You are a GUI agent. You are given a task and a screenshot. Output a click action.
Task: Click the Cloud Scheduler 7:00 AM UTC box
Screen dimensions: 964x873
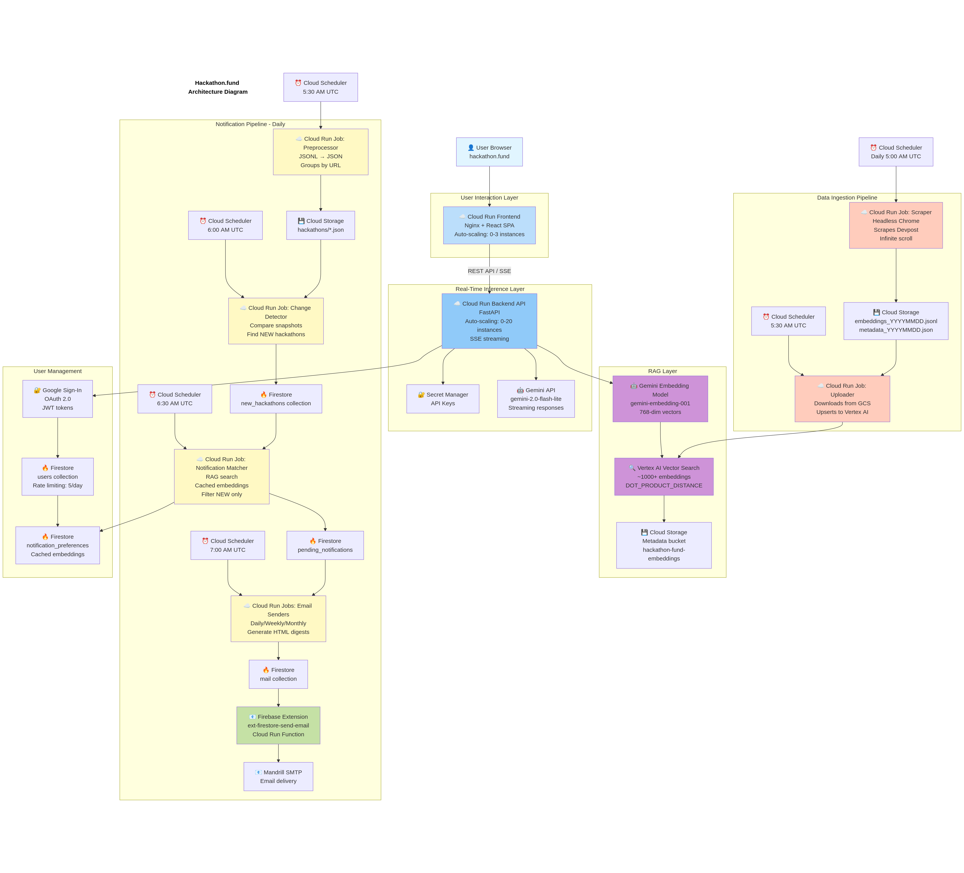228,545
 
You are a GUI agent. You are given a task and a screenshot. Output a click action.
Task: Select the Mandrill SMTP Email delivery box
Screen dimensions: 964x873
278,776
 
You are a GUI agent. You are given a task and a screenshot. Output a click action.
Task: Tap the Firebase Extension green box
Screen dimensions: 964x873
278,725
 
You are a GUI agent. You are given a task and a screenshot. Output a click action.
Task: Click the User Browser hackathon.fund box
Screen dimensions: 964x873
489,152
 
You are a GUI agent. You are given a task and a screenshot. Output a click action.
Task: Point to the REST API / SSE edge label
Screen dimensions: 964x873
489,271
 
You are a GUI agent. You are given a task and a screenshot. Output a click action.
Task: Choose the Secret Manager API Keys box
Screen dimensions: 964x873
443,399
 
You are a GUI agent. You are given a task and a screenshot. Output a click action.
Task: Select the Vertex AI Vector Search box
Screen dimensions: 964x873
664,477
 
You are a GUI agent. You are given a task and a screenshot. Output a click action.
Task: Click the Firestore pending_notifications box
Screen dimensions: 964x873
325,545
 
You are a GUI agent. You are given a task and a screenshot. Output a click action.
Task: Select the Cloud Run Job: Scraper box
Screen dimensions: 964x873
896,225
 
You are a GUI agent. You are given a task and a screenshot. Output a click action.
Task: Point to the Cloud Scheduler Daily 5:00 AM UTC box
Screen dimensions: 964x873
896,152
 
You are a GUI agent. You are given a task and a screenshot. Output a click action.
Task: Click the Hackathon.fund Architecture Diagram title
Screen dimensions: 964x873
217,87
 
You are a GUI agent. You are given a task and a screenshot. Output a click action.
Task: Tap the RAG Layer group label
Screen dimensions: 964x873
662,371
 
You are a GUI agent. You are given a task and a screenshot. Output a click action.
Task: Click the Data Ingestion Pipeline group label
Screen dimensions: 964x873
847,197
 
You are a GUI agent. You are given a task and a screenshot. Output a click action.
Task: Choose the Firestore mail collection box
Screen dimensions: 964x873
278,674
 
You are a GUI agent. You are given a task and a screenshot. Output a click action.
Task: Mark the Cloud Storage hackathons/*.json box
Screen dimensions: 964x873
320,225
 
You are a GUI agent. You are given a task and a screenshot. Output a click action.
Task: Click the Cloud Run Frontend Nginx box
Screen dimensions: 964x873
489,225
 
